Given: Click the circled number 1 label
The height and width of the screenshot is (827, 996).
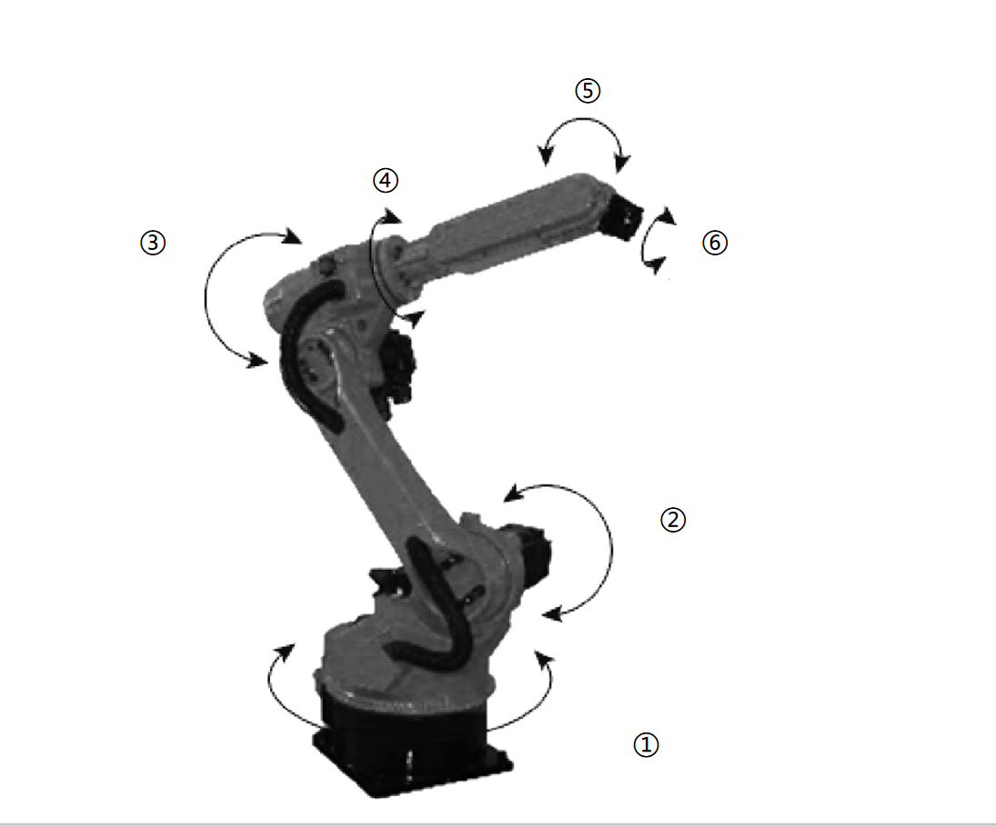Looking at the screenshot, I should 645,745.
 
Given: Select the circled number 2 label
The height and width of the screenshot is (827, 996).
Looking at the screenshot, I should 672,520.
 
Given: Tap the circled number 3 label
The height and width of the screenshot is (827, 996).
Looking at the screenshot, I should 152,243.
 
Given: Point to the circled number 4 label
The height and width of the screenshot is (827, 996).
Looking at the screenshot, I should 385,180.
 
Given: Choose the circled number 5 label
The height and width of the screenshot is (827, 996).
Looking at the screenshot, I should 587,91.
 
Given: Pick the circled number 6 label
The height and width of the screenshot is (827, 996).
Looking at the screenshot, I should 715,243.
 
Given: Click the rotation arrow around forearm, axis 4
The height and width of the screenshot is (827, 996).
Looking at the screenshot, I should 375,264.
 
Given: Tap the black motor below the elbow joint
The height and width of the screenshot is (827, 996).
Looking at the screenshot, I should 398,368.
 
